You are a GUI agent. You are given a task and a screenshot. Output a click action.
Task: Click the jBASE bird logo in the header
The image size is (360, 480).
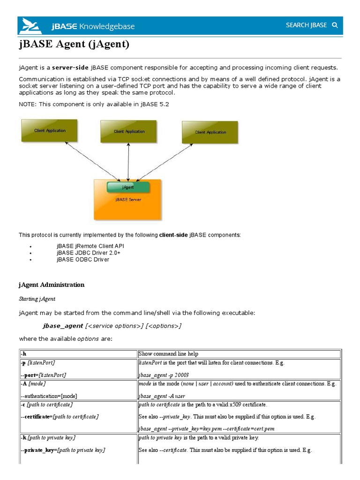[x=30, y=26]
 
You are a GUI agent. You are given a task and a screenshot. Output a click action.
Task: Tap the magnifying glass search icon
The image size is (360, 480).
[x=335, y=25]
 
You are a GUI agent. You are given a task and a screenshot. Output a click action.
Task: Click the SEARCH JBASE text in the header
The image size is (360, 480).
[x=306, y=25]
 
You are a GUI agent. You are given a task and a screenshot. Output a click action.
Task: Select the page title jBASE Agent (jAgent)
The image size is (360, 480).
[x=74, y=45]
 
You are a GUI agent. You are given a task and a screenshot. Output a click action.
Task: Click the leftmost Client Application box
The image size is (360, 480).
[x=49, y=130]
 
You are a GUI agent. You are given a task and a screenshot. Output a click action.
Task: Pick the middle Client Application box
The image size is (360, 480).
[x=129, y=131]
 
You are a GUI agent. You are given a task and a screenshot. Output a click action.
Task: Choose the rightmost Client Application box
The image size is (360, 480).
[x=210, y=132]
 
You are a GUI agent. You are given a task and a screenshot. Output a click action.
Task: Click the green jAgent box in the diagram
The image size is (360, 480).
[x=128, y=187]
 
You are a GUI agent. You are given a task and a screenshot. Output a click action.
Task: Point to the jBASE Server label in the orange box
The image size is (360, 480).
[x=128, y=199]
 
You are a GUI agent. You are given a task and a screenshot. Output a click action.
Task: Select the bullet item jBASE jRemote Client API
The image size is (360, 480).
[x=90, y=246]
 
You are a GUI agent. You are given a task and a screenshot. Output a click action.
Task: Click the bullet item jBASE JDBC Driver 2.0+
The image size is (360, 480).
[x=89, y=253]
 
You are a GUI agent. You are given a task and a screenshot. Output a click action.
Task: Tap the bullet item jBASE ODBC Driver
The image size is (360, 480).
[x=83, y=260]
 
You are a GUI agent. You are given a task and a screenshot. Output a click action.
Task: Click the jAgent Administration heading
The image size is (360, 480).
[x=52, y=285]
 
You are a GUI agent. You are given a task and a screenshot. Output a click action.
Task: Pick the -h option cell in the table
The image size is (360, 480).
[x=23, y=354]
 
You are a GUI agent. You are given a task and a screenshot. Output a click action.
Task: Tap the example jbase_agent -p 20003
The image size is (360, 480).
[x=164, y=375]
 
